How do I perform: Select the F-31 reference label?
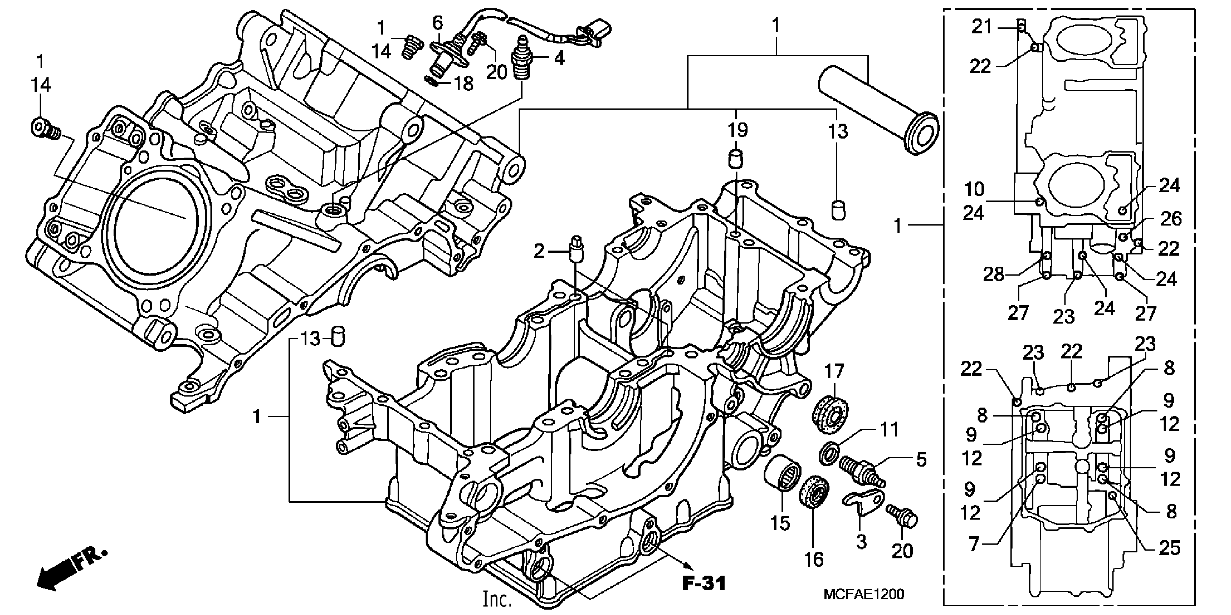[x=704, y=584]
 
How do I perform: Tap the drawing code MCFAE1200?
[x=863, y=594]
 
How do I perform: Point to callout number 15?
[x=780, y=523]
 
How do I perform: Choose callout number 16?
[x=814, y=559]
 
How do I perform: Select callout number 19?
[x=737, y=130]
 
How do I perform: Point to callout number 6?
[x=438, y=22]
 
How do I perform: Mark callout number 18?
[x=463, y=84]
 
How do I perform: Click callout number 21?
[x=982, y=27]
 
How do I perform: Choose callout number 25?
[x=1170, y=548]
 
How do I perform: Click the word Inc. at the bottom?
[x=497, y=599]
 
